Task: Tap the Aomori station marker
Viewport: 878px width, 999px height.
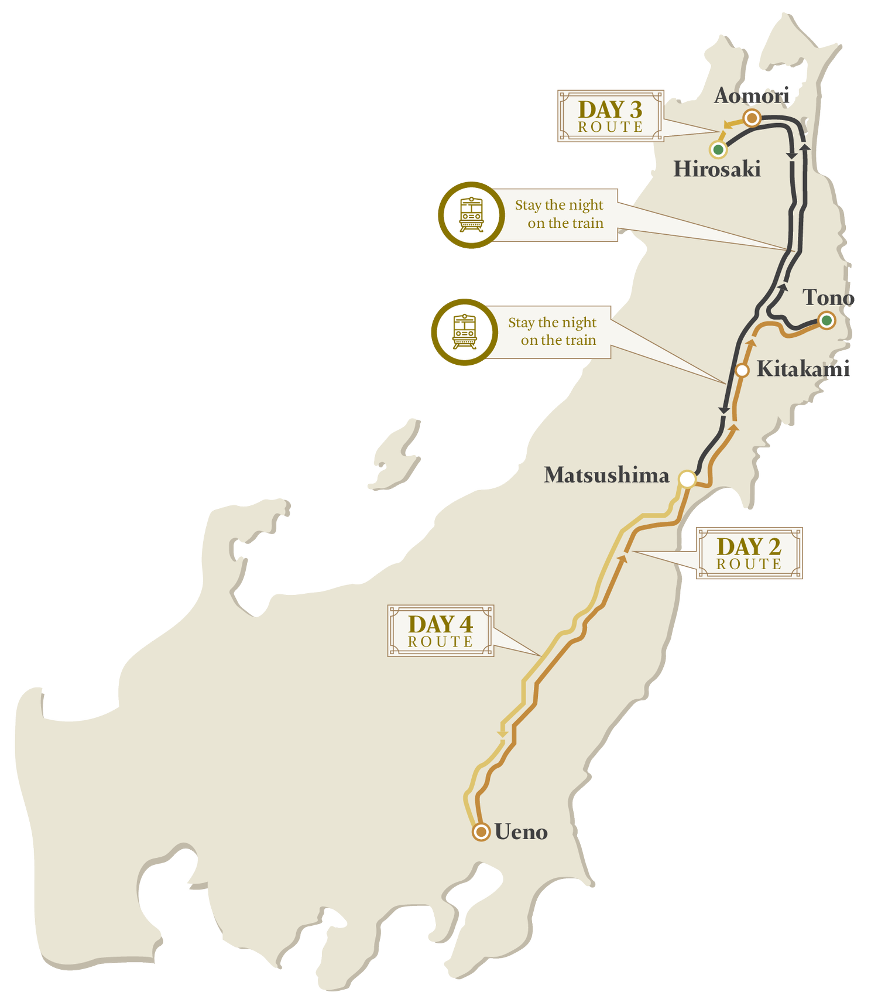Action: pyautogui.click(x=752, y=118)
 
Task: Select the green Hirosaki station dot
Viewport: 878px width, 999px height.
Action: pyautogui.click(x=718, y=149)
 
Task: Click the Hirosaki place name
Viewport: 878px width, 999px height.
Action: pyautogui.click(x=716, y=169)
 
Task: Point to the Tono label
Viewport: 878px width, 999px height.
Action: pyautogui.click(x=828, y=297)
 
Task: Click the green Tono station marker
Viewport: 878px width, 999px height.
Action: pyautogui.click(x=826, y=320)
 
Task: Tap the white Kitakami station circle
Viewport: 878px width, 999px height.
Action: pyautogui.click(x=742, y=370)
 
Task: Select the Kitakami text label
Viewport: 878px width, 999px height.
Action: pyautogui.click(x=802, y=370)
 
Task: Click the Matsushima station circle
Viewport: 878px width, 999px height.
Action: pyautogui.click(x=687, y=480)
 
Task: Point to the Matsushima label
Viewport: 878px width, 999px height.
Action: pyautogui.click(x=606, y=475)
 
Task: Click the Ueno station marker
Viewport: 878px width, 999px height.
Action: pyautogui.click(x=481, y=832)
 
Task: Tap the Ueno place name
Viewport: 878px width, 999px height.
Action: pyautogui.click(x=521, y=832)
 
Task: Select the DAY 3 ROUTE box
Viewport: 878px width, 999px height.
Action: pyautogui.click(x=610, y=117)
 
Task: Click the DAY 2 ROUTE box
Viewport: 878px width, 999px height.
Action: pyautogui.click(x=749, y=553)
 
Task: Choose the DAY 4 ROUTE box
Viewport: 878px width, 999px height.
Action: pyautogui.click(x=441, y=631)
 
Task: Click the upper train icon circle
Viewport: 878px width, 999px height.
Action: pyautogui.click(x=471, y=215)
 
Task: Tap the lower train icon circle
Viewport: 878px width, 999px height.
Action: pyautogui.click(x=464, y=332)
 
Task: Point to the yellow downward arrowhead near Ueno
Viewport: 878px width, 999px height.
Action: pyautogui.click(x=502, y=734)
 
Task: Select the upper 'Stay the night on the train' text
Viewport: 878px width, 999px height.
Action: pyautogui.click(x=560, y=214)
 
